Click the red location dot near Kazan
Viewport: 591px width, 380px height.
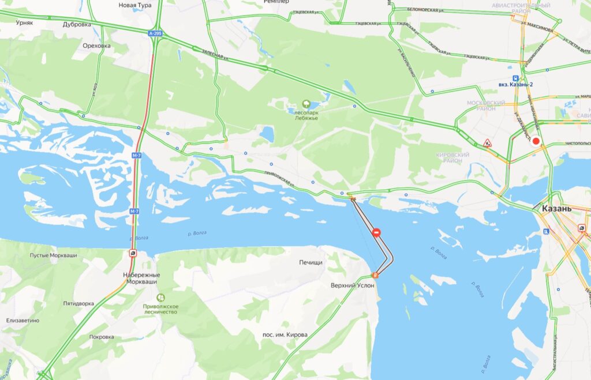(536, 141)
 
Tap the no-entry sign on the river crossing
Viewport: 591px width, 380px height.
(376, 233)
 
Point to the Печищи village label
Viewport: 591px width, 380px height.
(311, 262)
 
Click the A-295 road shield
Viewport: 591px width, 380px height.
(154, 34)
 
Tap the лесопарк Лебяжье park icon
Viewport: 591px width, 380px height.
(306, 104)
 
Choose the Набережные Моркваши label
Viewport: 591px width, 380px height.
(141, 279)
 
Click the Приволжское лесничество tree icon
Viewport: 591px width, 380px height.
(160, 298)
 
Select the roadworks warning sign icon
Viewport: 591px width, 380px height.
(487, 142)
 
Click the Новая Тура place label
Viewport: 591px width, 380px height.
(134, 5)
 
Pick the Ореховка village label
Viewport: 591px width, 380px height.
(96, 46)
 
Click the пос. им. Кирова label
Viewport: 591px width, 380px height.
(285, 334)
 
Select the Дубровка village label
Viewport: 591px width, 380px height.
(77, 25)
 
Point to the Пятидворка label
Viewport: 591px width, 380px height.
(78, 303)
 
